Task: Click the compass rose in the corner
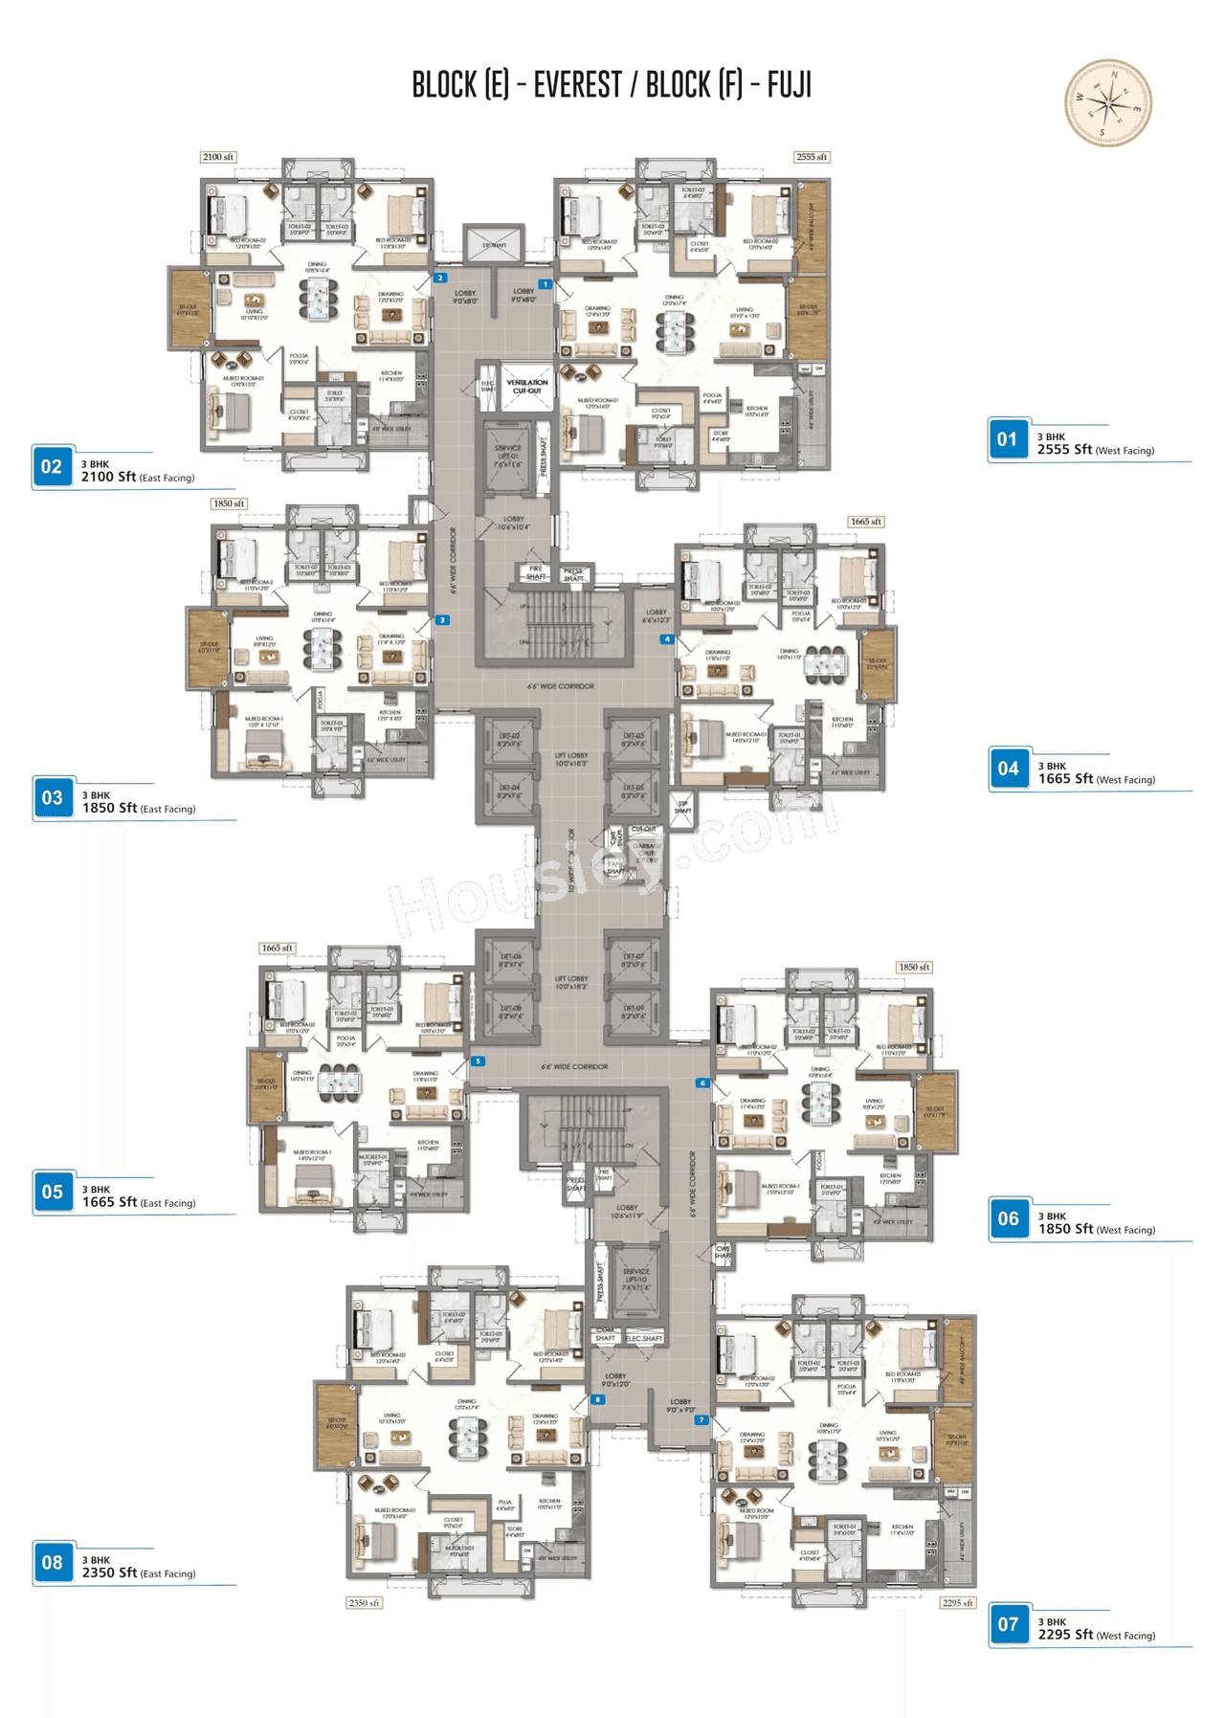point(1107,103)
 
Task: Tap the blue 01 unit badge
point(1008,439)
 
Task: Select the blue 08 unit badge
point(53,1563)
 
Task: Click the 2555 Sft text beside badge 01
point(1064,449)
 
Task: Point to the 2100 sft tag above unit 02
point(218,157)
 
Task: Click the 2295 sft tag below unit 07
point(957,1602)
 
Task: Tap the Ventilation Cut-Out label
point(526,387)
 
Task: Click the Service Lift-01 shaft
point(508,454)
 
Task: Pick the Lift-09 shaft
point(634,1013)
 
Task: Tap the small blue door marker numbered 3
point(442,620)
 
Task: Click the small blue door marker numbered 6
point(702,1083)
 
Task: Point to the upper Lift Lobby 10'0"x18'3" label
point(570,759)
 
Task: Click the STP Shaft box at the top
point(494,245)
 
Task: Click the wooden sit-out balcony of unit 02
point(189,308)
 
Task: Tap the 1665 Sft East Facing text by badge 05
point(139,1202)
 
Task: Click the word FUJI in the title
point(789,85)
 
